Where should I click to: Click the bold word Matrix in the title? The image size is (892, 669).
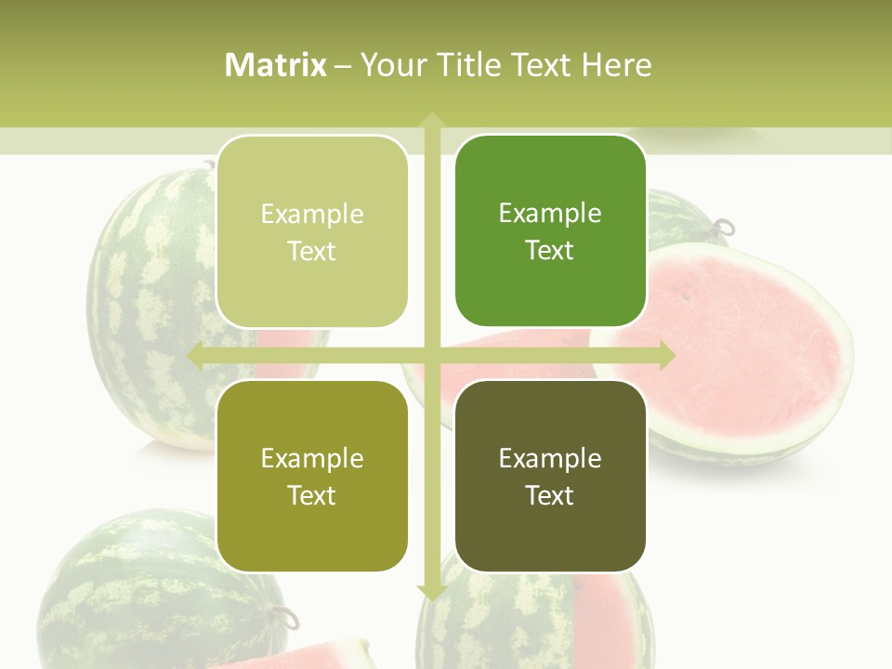coord(276,65)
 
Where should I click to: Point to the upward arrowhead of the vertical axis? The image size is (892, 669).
coord(432,121)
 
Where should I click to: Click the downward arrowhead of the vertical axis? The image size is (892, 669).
coord(432,591)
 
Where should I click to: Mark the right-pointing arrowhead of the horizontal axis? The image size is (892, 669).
coord(665,355)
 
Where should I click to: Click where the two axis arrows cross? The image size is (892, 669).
coord(432,355)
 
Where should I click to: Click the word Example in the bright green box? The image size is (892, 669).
coord(550,213)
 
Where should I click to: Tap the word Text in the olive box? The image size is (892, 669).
coord(312,495)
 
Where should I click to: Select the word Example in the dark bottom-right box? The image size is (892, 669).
coord(550,458)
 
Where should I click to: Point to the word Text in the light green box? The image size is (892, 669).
coord(312,251)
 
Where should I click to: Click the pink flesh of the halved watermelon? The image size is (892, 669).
coord(743,344)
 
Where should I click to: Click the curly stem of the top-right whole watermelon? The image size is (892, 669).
coord(723,227)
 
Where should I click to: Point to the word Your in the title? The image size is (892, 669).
coord(390,65)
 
